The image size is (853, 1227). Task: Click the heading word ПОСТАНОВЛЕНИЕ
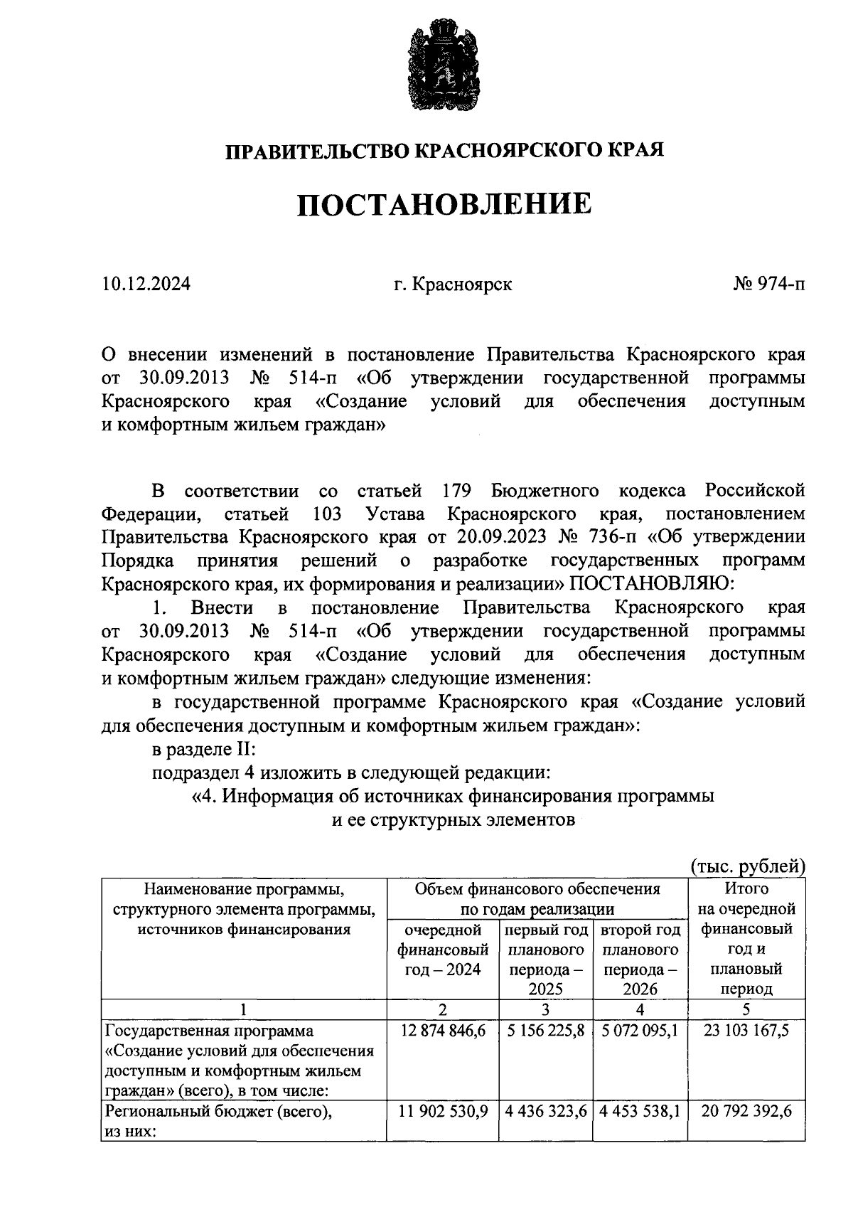click(x=444, y=205)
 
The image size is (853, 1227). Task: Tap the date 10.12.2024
click(x=146, y=285)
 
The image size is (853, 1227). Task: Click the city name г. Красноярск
click(x=454, y=285)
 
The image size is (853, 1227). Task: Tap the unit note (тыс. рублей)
click(x=748, y=866)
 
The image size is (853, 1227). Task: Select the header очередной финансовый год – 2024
click(x=443, y=949)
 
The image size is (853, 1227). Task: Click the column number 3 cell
click(x=546, y=1009)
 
